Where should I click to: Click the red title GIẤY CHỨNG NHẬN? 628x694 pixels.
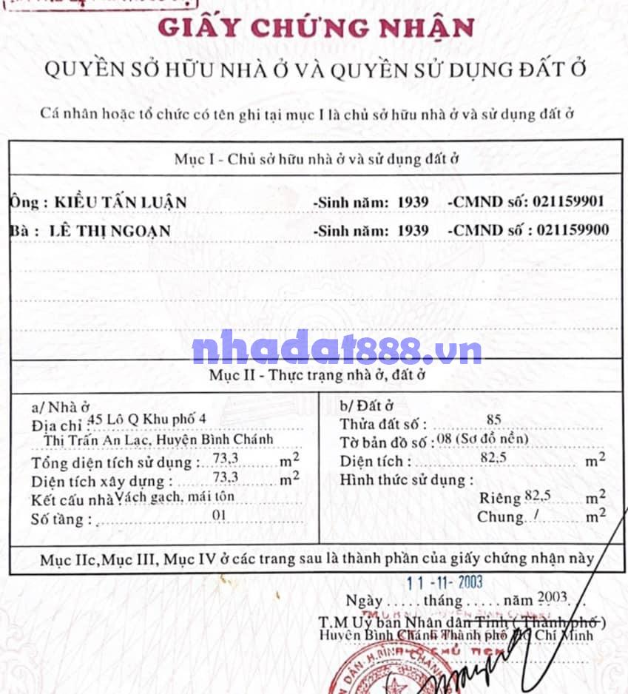[x=317, y=28]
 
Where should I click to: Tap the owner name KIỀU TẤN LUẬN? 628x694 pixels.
[x=118, y=202]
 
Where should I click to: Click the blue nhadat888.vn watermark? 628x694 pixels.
[x=337, y=350]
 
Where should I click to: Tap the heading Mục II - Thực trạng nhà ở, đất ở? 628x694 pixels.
[x=317, y=375]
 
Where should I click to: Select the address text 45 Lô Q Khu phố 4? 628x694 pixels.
[x=146, y=419]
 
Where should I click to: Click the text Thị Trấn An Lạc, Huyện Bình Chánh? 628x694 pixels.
[x=159, y=439]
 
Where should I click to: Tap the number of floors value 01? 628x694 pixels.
[x=219, y=516]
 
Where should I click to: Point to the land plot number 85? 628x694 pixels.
[x=494, y=420]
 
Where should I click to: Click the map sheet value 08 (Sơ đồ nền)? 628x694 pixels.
[x=482, y=440]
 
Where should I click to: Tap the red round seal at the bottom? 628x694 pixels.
[x=370, y=672]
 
